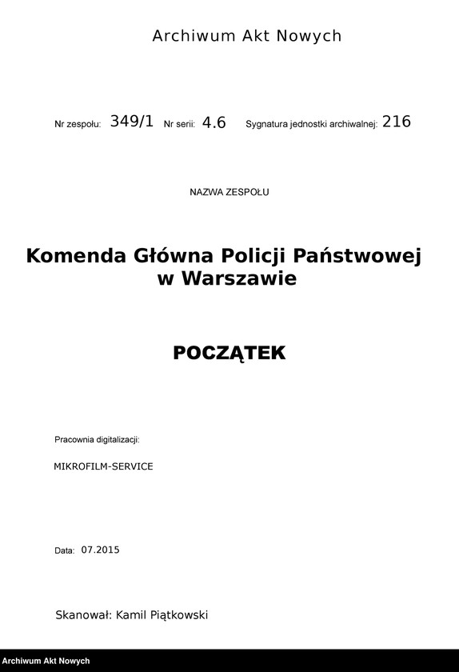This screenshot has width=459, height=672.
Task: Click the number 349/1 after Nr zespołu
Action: (x=131, y=122)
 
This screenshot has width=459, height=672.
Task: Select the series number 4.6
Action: (x=214, y=122)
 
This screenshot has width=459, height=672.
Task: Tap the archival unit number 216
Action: (x=397, y=122)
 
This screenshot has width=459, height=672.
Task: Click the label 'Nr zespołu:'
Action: (x=78, y=125)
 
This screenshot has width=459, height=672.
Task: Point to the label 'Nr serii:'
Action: (x=179, y=125)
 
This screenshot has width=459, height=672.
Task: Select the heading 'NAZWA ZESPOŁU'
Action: (x=229, y=192)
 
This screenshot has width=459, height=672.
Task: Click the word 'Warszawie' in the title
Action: (x=239, y=278)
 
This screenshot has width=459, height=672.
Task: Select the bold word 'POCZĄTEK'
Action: (x=229, y=353)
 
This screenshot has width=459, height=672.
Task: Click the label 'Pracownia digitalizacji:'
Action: (x=97, y=440)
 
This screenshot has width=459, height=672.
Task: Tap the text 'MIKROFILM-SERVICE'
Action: (x=103, y=466)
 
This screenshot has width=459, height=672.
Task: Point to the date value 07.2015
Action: (x=100, y=550)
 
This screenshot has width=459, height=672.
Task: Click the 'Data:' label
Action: (x=65, y=550)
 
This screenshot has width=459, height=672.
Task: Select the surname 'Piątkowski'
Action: (x=176, y=614)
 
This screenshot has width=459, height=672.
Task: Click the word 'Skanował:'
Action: (x=84, y=614)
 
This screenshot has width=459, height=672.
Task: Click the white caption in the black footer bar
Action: (x=46, y=662)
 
